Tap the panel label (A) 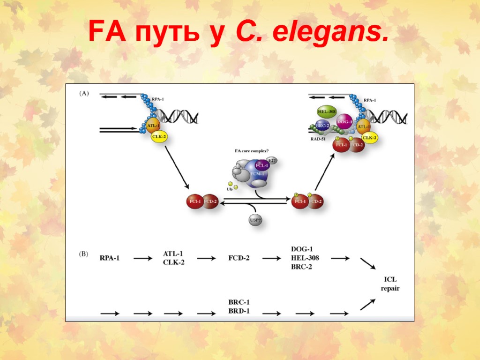(83, 93)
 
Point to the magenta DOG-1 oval (345, 122)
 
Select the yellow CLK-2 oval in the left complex (159, 136)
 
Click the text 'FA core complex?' (252, 151)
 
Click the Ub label (229, 189)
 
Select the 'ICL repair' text (390, 284)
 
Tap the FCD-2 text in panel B (239, 258)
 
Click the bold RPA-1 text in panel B (110, 258)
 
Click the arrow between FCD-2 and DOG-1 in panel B (271, 258)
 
